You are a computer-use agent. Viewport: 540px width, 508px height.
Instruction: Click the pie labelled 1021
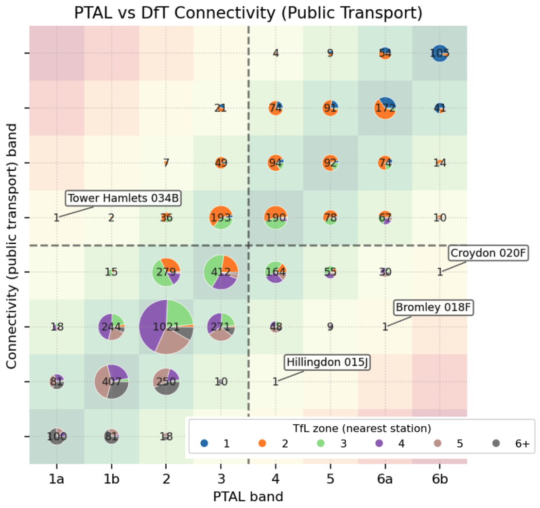coord(166,327)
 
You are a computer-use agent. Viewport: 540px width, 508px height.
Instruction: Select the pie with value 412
coord(221,272)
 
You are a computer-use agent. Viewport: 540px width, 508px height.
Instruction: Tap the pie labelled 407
coord(111,381)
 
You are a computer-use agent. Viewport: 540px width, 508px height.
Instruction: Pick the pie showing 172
coord(385,108)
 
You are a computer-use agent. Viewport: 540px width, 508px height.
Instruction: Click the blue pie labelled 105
coord(439,53)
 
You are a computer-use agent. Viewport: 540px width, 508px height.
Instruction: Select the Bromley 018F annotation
coord(433,308)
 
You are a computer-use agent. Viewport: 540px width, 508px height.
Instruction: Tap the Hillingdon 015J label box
coord(326,363)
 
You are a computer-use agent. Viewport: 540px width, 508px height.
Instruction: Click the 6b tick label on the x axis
coord(439,480)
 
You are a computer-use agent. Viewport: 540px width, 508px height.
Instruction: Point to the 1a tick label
coord(56,480)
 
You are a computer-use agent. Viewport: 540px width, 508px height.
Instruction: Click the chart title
coord(248,13)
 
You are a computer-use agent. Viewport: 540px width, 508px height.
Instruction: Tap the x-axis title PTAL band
coord(248,497)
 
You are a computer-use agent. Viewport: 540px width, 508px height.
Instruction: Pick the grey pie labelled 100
coord(57,436)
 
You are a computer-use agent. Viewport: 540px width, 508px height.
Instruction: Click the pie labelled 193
coord(221,218)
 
